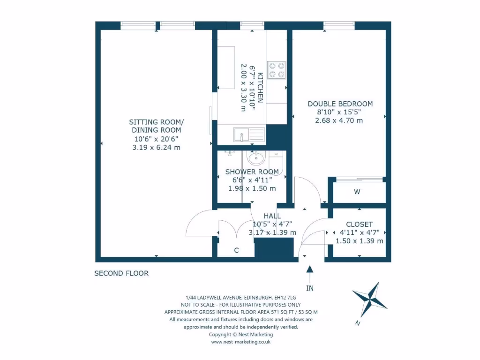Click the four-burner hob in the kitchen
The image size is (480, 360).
pyautogui.click(x=277, y=70)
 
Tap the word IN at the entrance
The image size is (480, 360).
pyautogui.click(x=309, y=288)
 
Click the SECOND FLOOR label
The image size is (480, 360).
pyautogui.click(x=121, y=273)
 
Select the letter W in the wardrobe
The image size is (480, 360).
pyautogui.click(x=357, y=192)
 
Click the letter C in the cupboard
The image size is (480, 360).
pyautogui.click(x=236, y=250)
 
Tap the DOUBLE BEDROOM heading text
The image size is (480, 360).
pyautogui.click(x=340, y=104)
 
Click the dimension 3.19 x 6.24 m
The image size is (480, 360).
pyautogui.click(x=156, y=147)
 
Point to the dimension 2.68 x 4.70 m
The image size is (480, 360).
pyautogui.click(x=339, y=120)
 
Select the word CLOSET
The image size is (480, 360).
pyautogui.click(x=359, y=225)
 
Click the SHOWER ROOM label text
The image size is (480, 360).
pyautogui.click(x=252, y=172)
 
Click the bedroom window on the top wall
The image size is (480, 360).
pyautogui.click(x=338, y=25)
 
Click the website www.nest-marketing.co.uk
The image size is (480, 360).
pyautogui.click(x=240, y=342)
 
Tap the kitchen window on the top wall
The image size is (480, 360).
pyautogui.click(x=252, y=25)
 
